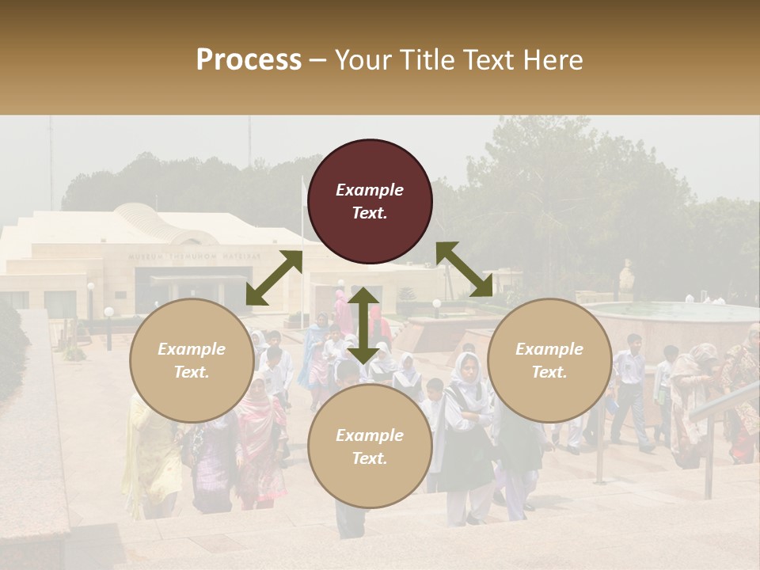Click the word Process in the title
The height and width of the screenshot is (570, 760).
[249, 60]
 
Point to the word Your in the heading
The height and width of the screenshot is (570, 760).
[361, 60]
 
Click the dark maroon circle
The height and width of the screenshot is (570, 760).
[370, 201]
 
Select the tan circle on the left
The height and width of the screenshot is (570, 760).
[192, 361]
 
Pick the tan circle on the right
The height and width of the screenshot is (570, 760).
[549, 361]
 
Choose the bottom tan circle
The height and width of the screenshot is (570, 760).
[370, 446]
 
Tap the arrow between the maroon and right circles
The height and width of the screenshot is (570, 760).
[465, 269]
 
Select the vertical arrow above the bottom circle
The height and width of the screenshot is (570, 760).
[363, 325]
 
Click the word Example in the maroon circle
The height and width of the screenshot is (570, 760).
[370, 190]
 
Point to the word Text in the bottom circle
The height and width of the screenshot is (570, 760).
[370, 459]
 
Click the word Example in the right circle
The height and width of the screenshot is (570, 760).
[549, 349]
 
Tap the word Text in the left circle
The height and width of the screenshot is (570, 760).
[192, 373]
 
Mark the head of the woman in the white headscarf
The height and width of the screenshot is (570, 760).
[467, 367]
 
